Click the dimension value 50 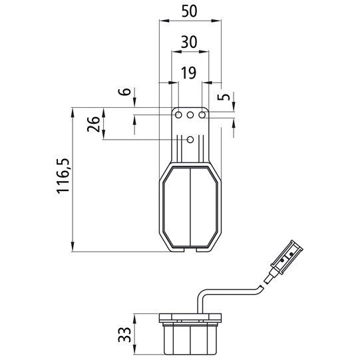(190, 11)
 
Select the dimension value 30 (189, 42)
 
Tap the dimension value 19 (189, 73)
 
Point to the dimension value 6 (124, 92)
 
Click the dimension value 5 (224, 96)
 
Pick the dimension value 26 (93, 124)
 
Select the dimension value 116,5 (63, 176)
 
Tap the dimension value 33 (124, 335)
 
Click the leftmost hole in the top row (178, 114)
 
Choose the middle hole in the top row (190, 114)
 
